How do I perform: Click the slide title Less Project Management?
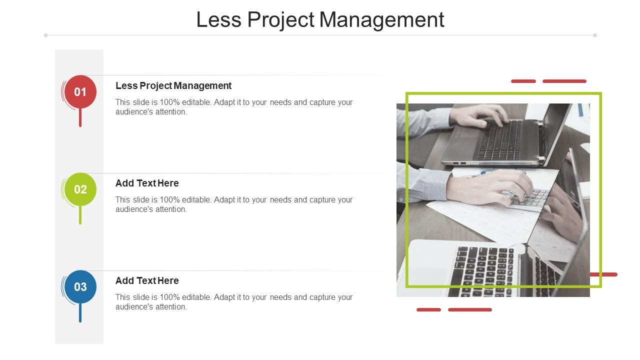[x=320, y=20]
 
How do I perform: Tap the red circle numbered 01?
[x=80, y=92]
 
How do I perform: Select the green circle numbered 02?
[x=80, y=189]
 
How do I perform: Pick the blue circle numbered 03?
[x=80, y=287]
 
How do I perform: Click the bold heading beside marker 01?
[x=173, y=85]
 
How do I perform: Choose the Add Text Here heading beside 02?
[x=147, y=183]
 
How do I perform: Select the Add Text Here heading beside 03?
[x=147, y=280]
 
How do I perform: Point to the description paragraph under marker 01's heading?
[x=234, y=107]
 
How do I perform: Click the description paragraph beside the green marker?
[x=234, y=204]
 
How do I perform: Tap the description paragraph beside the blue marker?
[x=234, y=302]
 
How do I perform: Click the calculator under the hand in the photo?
[x=529, y=198]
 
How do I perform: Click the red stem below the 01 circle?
[x=80, y=118]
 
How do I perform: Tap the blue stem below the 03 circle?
[x=80, y=313]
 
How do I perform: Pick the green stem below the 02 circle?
[x=80, y=215]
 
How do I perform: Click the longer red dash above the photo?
[x=564, y=81]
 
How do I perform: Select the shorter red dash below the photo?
[x=428, y=310]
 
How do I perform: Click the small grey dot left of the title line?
[x=46, y=35]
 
